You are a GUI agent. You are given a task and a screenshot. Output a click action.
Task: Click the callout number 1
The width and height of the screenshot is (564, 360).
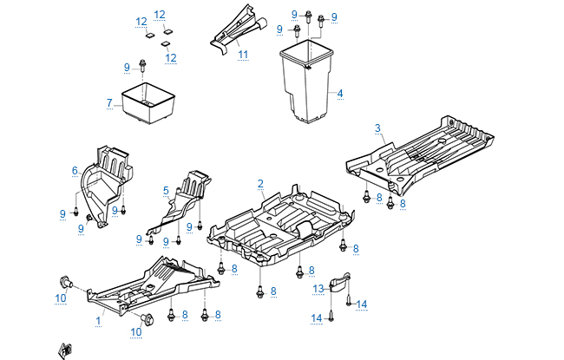98,320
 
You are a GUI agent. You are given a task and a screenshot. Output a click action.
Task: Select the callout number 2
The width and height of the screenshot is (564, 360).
260,184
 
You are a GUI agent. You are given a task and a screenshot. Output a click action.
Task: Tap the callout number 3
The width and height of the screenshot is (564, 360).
377,128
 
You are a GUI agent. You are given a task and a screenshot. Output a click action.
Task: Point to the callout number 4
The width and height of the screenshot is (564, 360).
340,94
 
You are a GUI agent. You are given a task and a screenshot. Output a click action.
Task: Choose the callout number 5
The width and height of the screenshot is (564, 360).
166,190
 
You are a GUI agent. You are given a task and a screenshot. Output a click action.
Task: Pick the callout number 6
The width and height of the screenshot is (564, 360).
75,170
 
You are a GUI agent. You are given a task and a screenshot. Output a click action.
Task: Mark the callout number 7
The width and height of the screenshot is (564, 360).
109,103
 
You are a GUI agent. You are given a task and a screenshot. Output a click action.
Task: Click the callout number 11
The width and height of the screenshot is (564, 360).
244,55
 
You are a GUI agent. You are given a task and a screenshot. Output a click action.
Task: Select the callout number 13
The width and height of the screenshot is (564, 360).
318,288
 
